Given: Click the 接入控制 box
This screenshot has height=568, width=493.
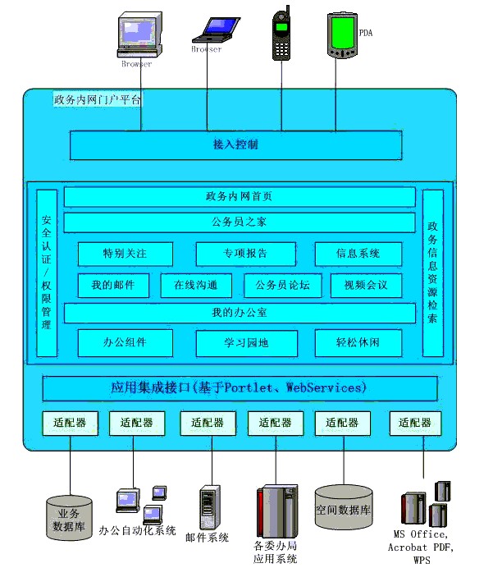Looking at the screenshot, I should (235, 145).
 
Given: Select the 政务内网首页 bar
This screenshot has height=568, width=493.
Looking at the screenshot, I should (239, 198).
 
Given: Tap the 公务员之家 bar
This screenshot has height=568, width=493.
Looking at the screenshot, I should (239, 222).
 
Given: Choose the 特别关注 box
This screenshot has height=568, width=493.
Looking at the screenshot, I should (126, 254).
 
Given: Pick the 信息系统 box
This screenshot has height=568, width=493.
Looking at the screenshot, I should (358, 254).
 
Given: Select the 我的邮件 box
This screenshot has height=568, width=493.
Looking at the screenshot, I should (113, 286).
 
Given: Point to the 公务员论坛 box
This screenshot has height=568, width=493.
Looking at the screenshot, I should (283, 286).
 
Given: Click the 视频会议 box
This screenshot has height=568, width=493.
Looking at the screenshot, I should (365, 286).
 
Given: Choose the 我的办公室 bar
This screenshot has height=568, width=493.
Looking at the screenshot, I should (239, 314).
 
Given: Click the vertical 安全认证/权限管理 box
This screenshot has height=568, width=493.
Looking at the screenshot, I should (47, 273).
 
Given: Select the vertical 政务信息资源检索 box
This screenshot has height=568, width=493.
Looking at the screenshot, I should (432, 273).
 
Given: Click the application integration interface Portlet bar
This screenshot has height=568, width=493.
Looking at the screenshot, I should (239, 387).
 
